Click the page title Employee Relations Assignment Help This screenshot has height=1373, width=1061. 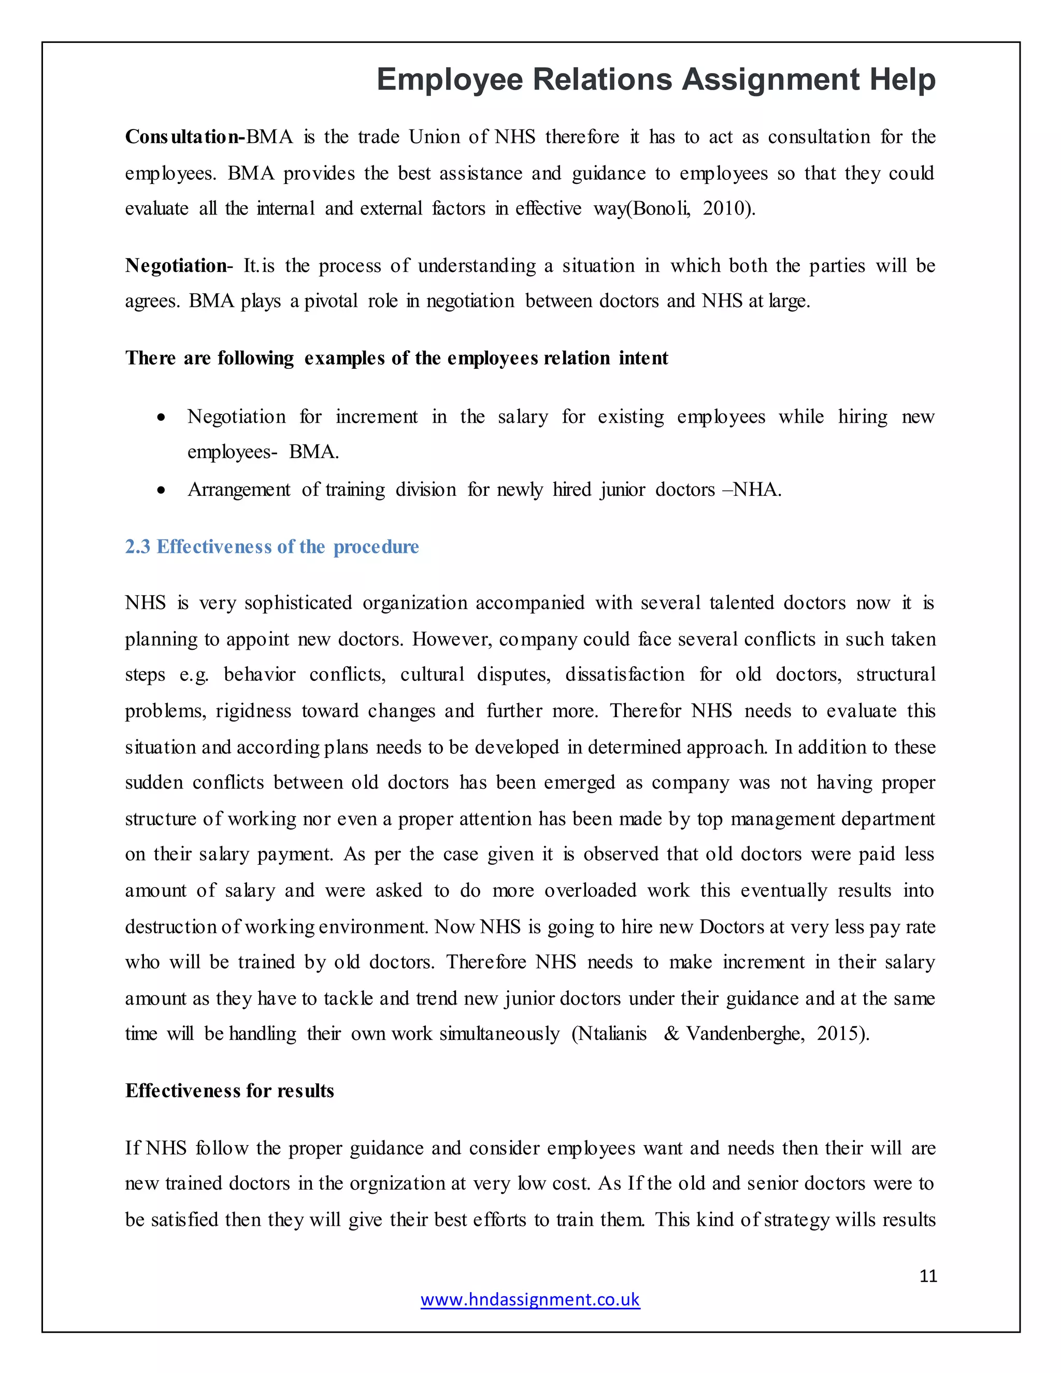655,80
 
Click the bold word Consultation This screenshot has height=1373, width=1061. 183,137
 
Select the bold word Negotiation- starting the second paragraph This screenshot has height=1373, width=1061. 179,266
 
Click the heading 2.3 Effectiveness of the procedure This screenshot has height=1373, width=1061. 271,547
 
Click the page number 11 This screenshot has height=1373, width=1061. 928,1276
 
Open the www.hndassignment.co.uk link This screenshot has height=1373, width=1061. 530,1299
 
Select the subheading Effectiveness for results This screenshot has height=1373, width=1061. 230,1091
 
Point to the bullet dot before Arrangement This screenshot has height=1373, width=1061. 162,490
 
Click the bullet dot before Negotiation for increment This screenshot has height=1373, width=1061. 162,417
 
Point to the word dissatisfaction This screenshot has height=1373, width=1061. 624,675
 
